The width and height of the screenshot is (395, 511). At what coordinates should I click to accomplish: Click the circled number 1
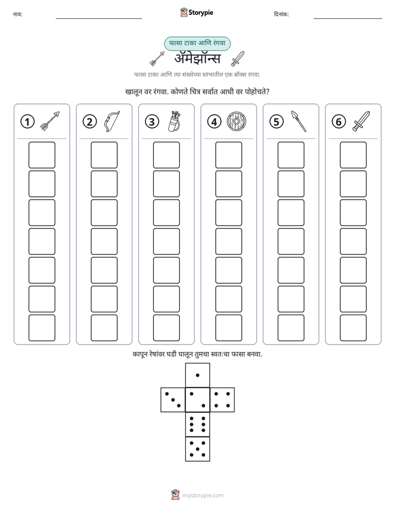point(27,122)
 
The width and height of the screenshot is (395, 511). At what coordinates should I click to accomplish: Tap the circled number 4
point(214,122)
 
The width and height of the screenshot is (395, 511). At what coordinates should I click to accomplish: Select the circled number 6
point(339,122)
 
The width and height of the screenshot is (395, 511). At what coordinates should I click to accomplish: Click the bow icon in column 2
point(111,121)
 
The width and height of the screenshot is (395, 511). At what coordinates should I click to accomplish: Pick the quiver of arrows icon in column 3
point(174,121)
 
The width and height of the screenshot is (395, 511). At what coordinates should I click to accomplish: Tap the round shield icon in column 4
point(236,121)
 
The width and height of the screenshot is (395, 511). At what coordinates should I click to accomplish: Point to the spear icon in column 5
point(299,121)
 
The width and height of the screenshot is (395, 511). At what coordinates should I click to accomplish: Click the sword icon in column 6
point(361,121)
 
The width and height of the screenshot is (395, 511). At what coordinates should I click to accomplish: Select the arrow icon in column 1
point(50,121)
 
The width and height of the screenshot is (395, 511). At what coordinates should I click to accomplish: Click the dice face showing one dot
point(197,375)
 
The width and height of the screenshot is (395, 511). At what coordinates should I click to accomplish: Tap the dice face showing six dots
point(197,424)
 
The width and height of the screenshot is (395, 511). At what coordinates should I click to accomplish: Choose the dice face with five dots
point(197,449)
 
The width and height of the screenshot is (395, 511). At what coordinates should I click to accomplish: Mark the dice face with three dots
point(173,400)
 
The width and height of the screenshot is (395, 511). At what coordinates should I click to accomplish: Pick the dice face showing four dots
point(222,400)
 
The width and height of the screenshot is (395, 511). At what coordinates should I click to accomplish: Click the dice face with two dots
point(197,400)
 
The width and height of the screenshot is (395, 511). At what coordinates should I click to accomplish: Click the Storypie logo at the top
point(196,13)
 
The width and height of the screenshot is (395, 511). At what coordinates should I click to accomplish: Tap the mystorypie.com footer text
point(202,496)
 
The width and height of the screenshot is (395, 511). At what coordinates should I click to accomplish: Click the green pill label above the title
point(197,43)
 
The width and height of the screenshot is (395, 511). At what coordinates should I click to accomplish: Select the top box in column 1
point(42,155)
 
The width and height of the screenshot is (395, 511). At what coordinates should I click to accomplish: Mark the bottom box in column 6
point(353,328)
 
